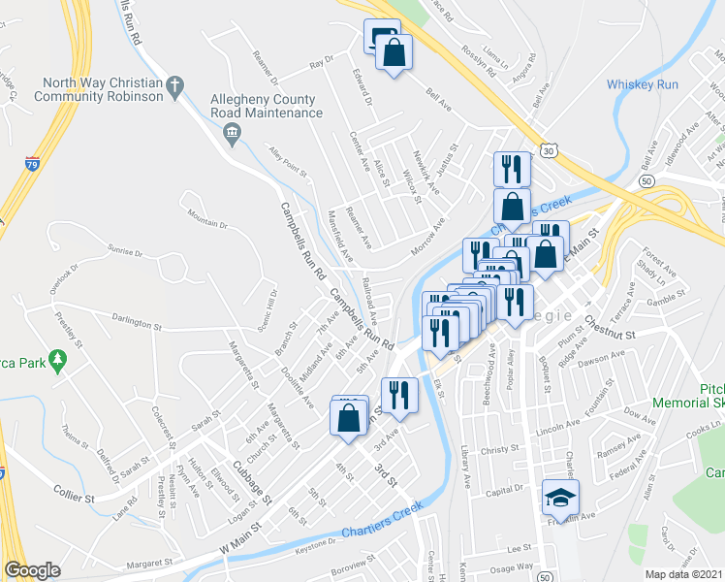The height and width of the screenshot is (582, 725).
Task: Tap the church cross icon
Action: click(x=174, y=87)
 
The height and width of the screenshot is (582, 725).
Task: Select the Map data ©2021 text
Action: click(x=684, y=574)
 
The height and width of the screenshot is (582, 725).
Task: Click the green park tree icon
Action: click(x=58, y=361)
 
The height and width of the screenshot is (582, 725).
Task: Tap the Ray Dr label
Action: click(x=320, y=64)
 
